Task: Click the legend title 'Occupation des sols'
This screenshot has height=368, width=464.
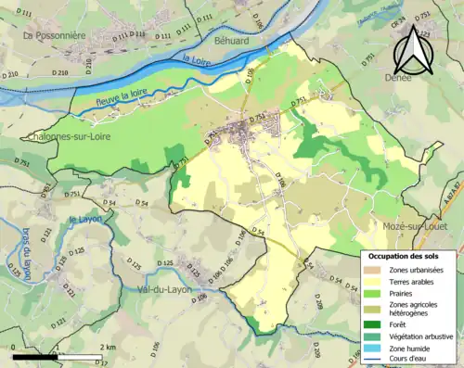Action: [x=406, y=255]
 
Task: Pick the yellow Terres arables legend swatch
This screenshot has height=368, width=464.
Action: [x=373, y=282]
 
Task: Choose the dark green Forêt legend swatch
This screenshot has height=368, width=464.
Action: [x=373, y=324]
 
